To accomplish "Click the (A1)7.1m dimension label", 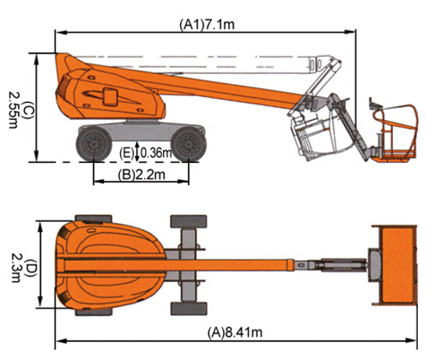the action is pos(207,25).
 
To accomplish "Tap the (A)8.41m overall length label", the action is pos(235,333).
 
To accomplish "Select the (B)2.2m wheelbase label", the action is pos(141,175).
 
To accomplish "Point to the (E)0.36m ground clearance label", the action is pos(146,153).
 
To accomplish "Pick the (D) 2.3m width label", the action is pos(23,267).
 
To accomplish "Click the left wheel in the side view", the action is pos(94,143).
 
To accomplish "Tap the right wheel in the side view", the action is pos(189,144).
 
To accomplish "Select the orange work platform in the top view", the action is pos(395,265).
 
